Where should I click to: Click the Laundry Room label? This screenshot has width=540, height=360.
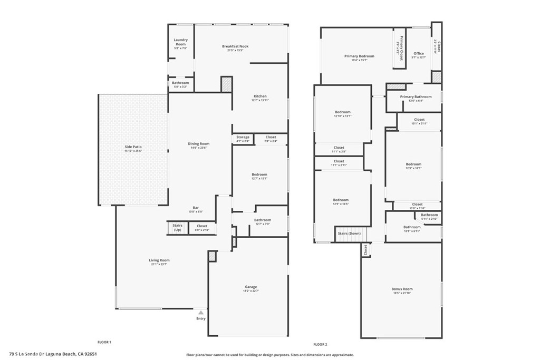(180, 42)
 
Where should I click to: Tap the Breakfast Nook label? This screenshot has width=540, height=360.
(235, 46)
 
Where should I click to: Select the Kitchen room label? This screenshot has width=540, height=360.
(260, 96)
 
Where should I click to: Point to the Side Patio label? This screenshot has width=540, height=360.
(133, 147)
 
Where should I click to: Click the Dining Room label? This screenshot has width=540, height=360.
(199, 144)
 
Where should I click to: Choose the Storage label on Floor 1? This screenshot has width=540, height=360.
(243, 137)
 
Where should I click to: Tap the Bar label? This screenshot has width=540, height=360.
(196, 208)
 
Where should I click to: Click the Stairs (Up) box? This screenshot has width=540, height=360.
(177, 228)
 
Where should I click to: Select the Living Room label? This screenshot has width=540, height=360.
(159, 260)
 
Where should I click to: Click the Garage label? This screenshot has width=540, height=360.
(250, 287)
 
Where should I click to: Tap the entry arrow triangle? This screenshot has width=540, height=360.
(201, 313)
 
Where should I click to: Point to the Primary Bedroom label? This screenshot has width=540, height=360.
(359, 56)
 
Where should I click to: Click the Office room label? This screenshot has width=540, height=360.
(419, 53)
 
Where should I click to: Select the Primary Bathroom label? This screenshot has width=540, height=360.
(416, 97)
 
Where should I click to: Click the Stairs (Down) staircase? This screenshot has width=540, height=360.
(350, 233)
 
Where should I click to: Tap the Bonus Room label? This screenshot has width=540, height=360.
(402, 289)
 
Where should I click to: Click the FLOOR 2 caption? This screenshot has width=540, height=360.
(321, 344)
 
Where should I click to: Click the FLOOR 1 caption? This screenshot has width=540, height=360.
(104, 342)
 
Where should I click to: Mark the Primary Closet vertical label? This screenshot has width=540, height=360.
(401, 48)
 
